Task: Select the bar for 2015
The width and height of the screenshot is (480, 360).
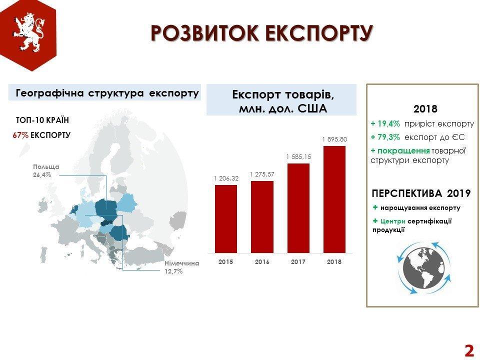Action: (226, 219)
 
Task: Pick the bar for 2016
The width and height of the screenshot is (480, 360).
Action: (262, 217)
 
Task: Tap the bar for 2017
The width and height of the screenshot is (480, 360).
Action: (298, 208)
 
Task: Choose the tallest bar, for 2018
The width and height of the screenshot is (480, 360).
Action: (334, 199)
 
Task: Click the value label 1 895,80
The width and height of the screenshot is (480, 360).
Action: (334, 139)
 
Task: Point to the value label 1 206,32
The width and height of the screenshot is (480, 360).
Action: (226, 178)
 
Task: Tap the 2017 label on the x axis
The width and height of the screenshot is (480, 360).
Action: (298, 261)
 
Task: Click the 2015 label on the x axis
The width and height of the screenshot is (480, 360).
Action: (226, 261)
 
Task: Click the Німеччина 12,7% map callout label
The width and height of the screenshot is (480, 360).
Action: (182, 267)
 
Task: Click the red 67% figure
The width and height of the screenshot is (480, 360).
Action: (20, 135)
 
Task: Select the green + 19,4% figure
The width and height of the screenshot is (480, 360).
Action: (385, 124)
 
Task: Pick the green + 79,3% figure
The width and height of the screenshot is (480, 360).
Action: (385, 137)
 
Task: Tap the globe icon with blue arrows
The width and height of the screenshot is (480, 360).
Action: (424, 268)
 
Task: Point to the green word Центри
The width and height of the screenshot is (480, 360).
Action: (393, 221)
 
